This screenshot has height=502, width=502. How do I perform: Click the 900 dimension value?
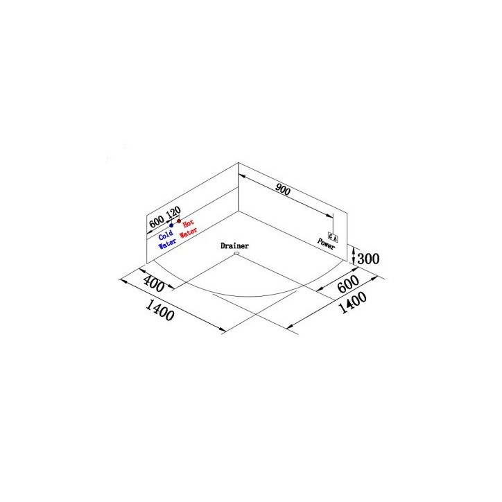pos(283,189)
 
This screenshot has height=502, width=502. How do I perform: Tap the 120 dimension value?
pos(173,212)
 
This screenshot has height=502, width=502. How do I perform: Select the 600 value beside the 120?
pos(157,221)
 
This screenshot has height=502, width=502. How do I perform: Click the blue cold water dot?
pos(171,225)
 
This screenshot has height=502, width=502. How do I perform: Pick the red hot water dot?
pos(179,221)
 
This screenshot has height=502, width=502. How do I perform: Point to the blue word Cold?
pos(166,235)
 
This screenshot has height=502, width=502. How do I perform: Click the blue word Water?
pos(167,244)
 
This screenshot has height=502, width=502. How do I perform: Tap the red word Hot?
pos(189,223)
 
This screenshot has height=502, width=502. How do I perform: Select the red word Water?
pos(189,232)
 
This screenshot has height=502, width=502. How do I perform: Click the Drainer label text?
pos(234,246)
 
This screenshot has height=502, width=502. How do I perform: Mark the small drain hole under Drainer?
pos(236,254)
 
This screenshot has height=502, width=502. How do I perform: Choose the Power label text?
pos(327,244)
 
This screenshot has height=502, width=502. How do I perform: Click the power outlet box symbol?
pos(333,237)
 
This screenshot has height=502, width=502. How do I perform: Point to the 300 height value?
pos(368,259)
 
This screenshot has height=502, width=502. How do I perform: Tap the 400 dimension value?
pos(154,284)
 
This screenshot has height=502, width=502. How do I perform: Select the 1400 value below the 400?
pos(159,310)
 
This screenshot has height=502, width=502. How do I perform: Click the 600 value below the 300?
pos(348,284)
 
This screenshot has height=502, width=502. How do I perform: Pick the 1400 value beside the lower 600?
pos(352,302)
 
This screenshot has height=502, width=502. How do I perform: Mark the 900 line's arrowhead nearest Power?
pos(330,216)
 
